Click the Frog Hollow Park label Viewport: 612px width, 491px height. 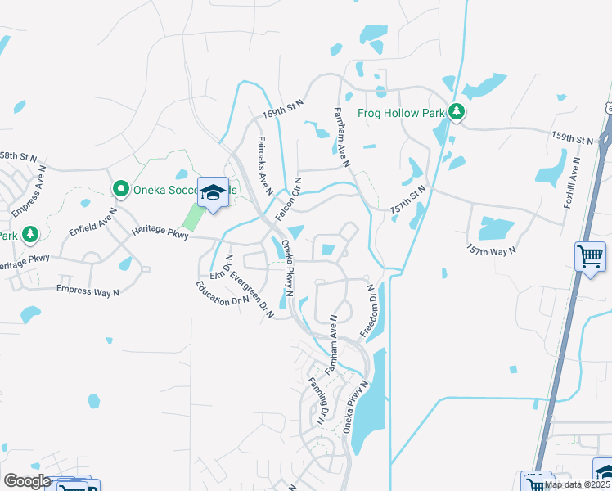pyautogui.click(x=401, y=113)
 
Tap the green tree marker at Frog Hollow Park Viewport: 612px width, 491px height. pyautogui.click(x=457, y=112)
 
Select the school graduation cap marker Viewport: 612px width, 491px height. pyautogui.click(x=213, y=192)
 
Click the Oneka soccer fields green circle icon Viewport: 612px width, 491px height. pyautogui.click(x=121, y=190)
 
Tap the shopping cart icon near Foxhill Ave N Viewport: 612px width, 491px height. pyautogui.click(x=590, y=257)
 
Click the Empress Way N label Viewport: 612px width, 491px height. pyautogui.click(x=88, y=289)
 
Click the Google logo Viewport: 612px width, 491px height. pyautogui.click(x=27, y=481)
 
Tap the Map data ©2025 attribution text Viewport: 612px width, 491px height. pyautogui.click(x=578, y=484)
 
